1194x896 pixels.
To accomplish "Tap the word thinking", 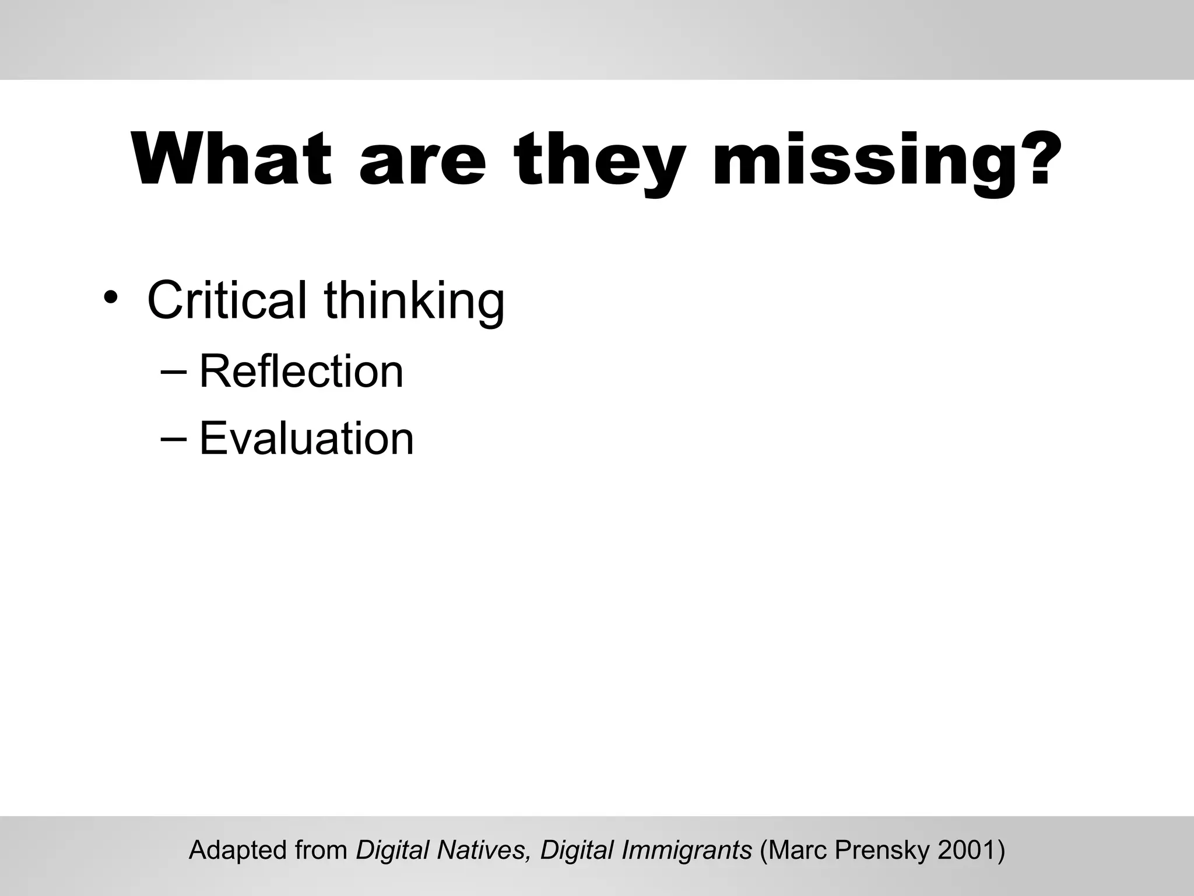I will tap(414, 302).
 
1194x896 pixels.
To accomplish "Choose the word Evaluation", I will tap(307, 439).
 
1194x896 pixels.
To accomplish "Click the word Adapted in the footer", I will tap(239, 850).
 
